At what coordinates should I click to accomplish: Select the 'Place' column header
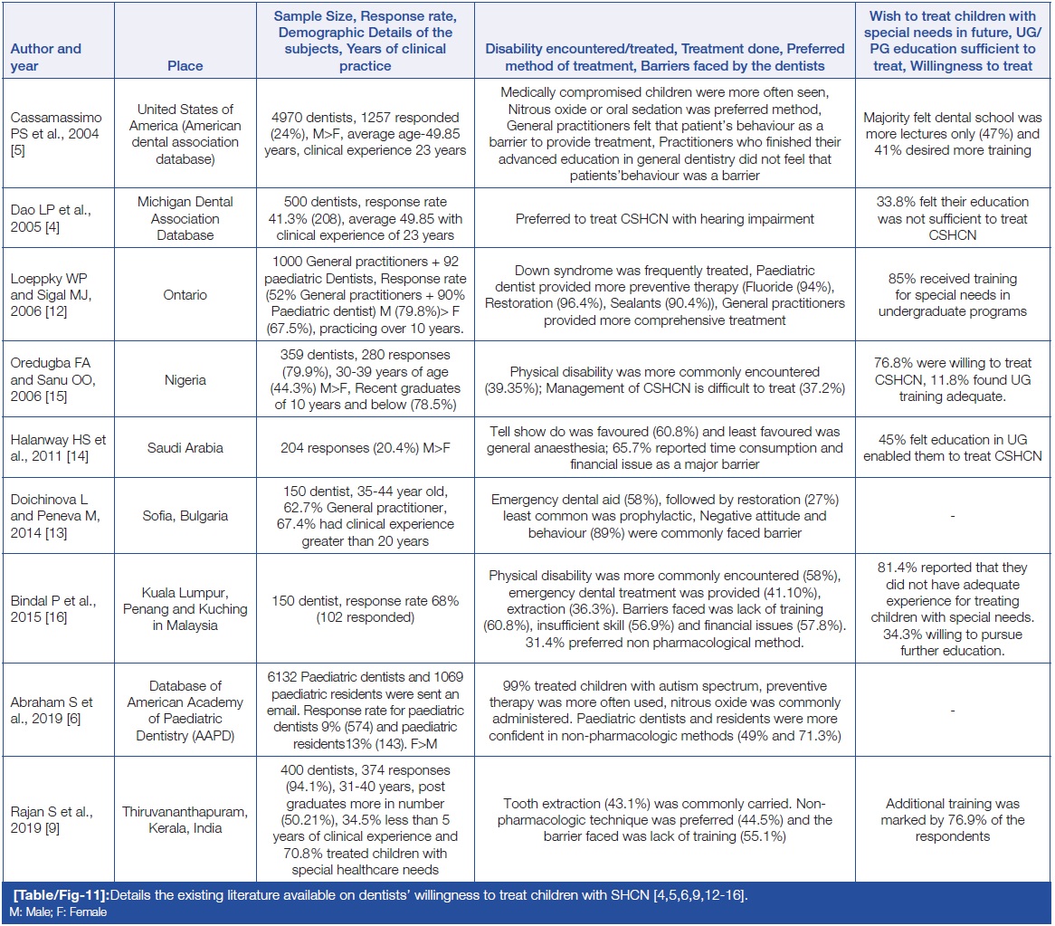click(185, 65)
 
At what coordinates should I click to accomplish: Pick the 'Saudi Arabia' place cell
click(185, 448)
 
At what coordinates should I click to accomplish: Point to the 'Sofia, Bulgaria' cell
click(185, 516)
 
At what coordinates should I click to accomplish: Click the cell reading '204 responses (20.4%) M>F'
click(366, 448)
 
